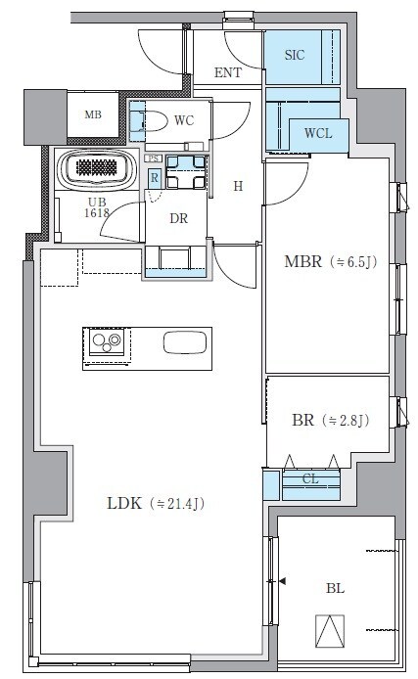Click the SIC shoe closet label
[294, 55]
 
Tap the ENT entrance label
[228, 72]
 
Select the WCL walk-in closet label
[317, 133]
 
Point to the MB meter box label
[92, 115]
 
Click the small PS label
[153, 158]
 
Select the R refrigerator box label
[155, 177]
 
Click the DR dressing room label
[178, 218]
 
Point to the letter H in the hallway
[236, 185]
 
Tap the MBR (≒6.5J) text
[329, 261]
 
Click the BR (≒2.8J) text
[329, 421]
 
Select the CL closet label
[310, 479]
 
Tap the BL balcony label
[336, 588]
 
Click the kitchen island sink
[185, 342]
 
